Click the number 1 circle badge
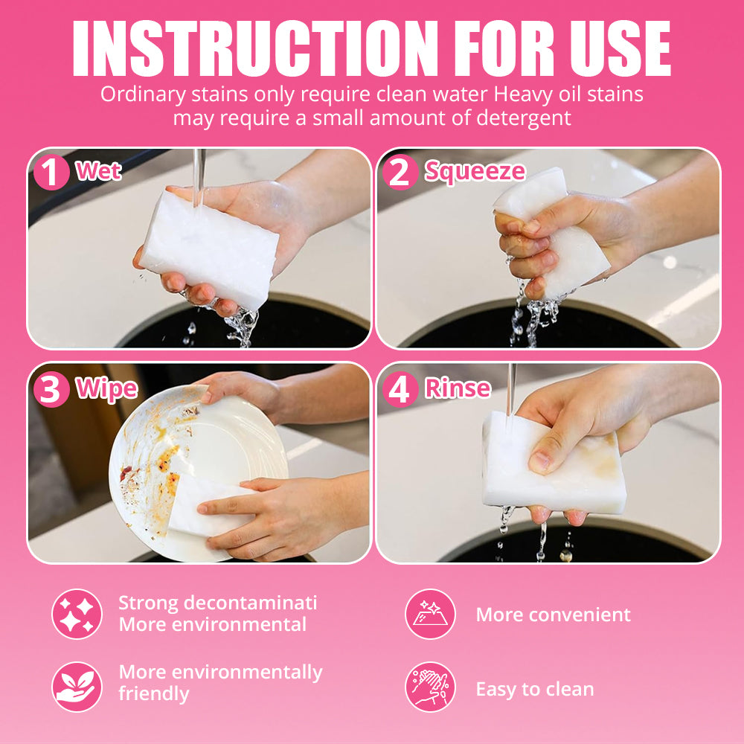51,173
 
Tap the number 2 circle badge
400,173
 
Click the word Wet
98,171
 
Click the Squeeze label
475,172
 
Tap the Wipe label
106,389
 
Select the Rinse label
458,388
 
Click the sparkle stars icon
77,615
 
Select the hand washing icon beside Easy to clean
430,687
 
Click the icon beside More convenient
430,615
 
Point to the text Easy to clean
535,690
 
